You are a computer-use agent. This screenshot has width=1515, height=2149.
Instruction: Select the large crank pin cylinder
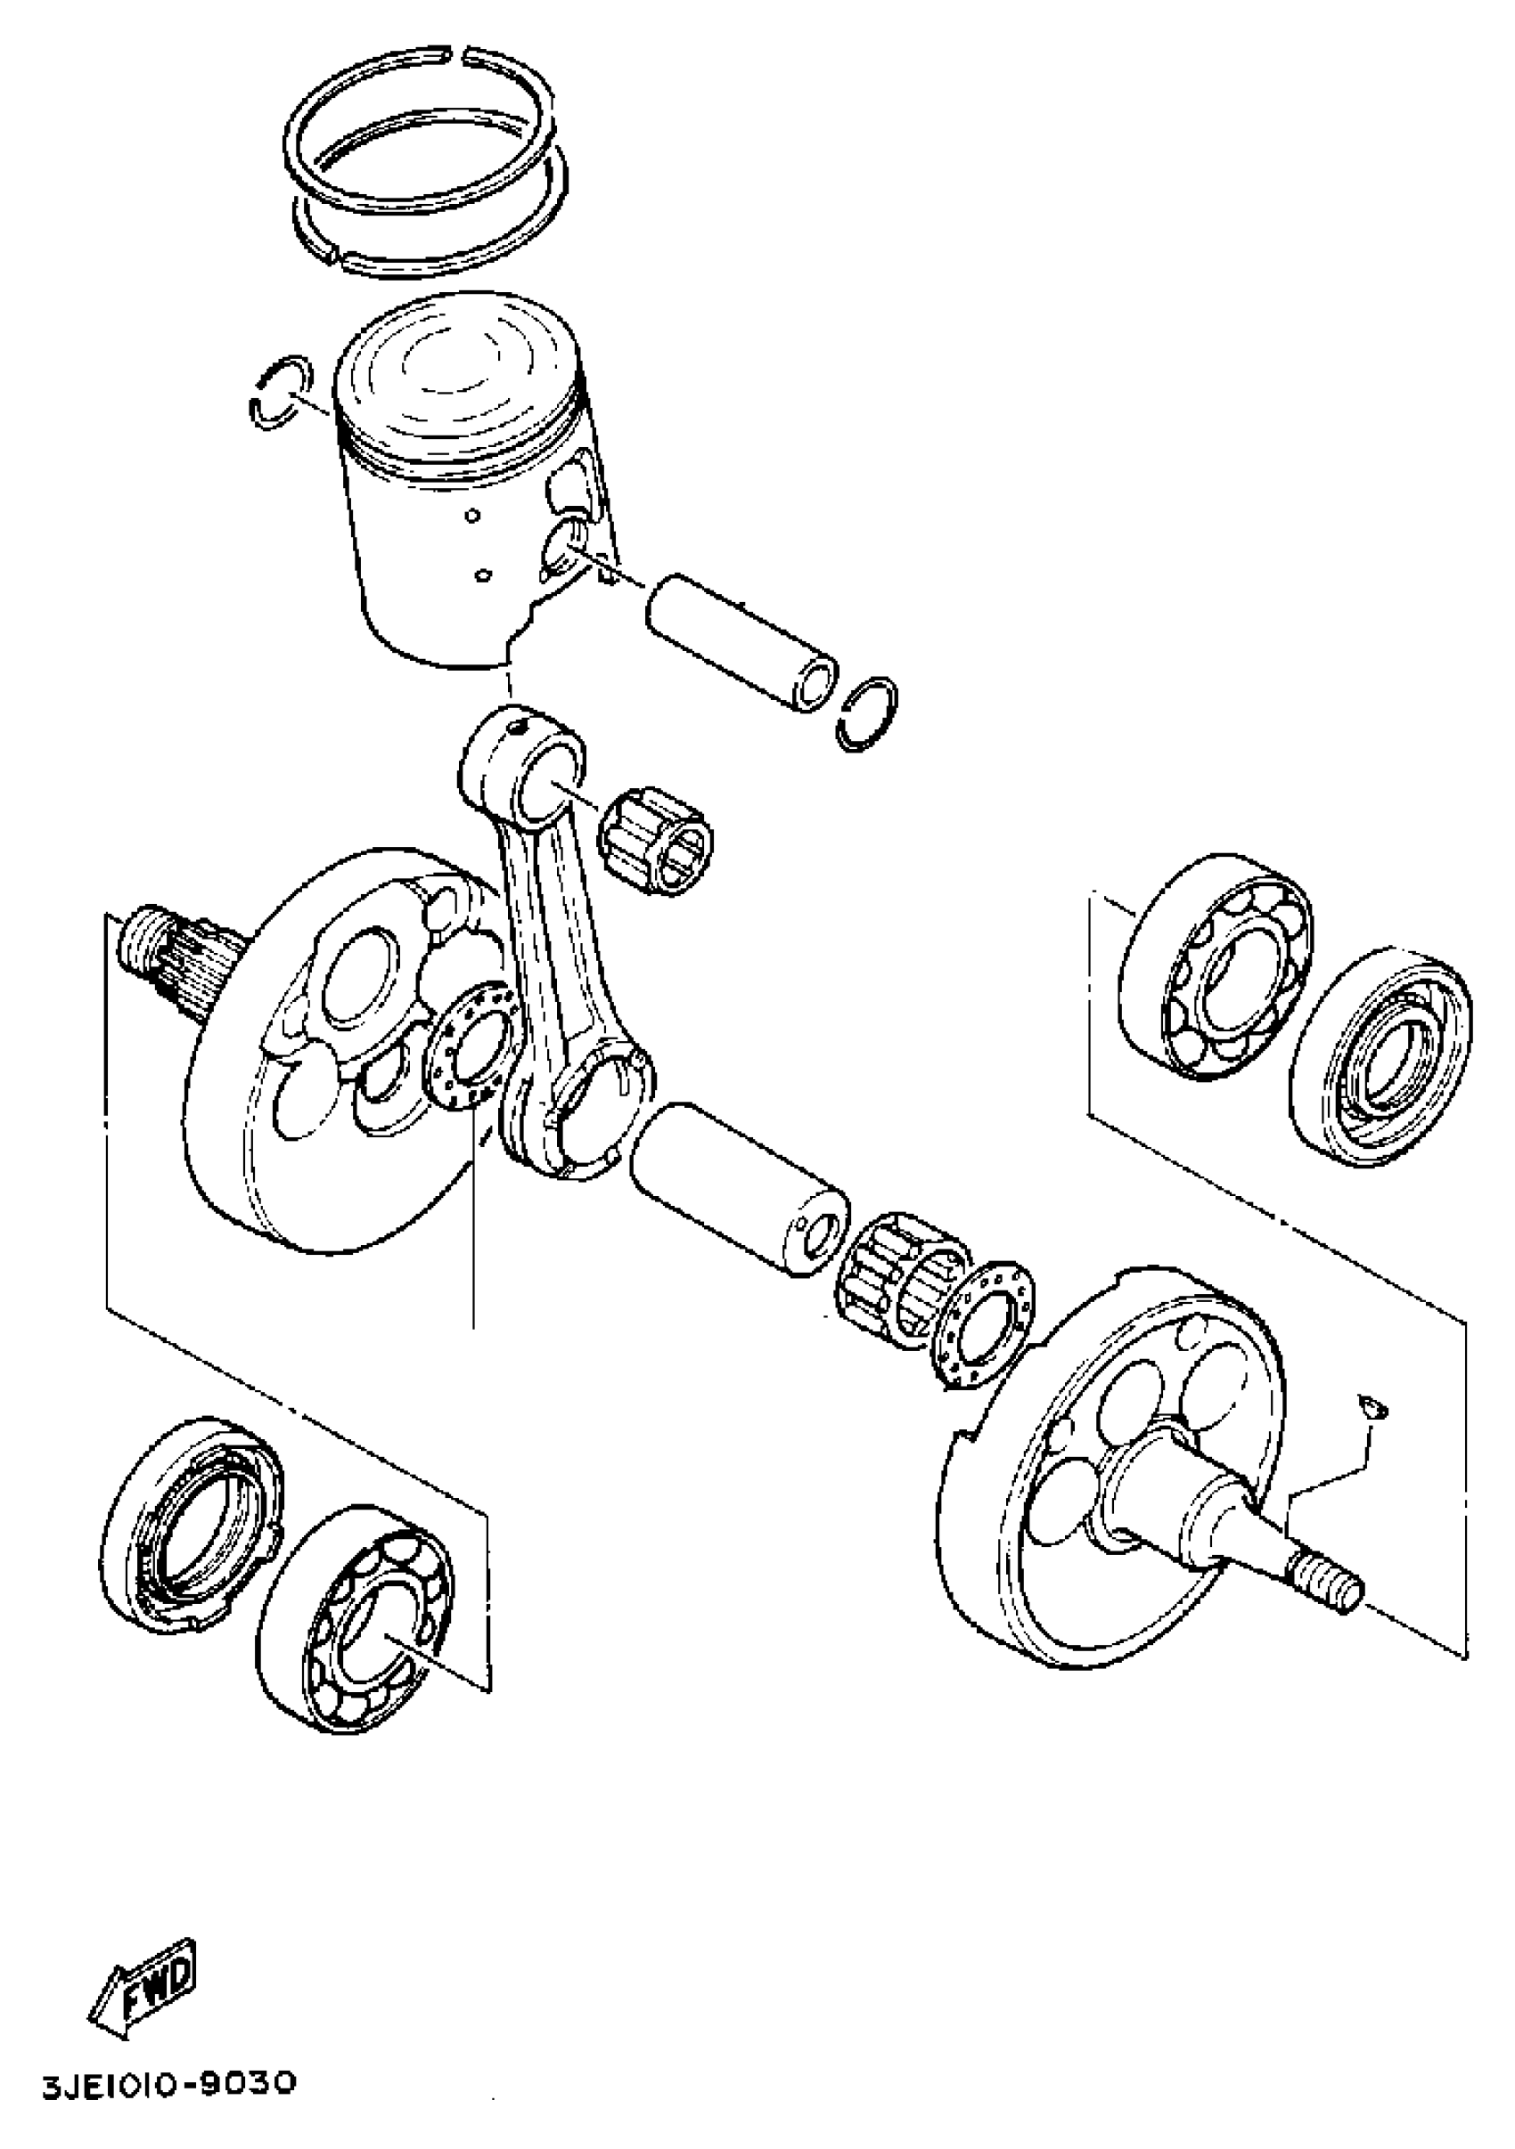pos(740,1188)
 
